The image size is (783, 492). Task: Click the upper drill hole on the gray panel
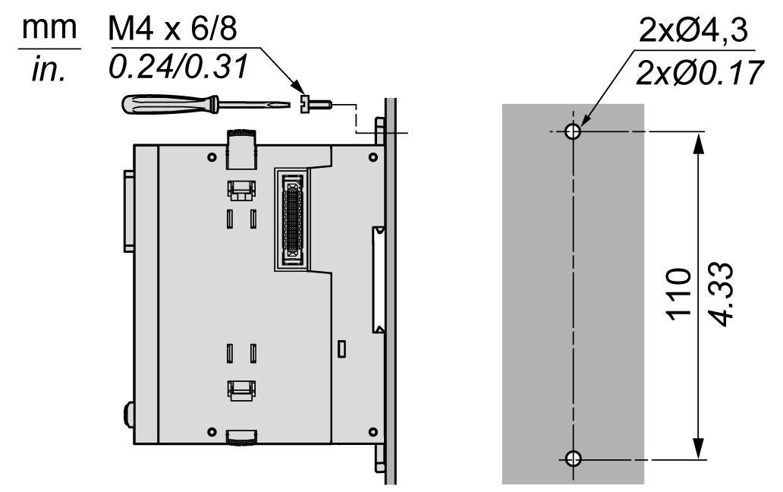(574, 132)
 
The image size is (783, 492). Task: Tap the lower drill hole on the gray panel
(574, 458)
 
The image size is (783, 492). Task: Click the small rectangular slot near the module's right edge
(341, 348)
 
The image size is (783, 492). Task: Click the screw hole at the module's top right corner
(372, 157)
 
